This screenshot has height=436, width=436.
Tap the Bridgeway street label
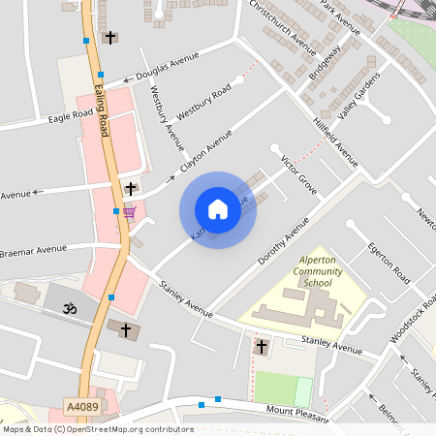[x=325, y=64]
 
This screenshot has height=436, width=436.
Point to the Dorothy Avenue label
[x=284, y=241]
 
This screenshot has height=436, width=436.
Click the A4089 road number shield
[x=81, y=406]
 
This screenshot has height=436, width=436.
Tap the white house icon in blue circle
[x=218, y=210]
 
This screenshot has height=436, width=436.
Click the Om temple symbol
[x=69, y=309]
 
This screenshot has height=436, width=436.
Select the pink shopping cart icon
[x=129, y=212]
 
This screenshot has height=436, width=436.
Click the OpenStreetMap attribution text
[x=97, y=429]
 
